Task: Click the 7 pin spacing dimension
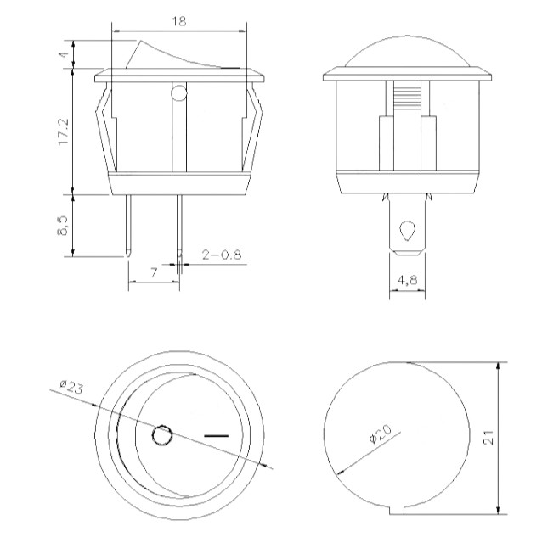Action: pyautogui.click(x=153, y=271)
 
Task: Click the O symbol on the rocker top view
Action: pyautogui.click(x=161, y=437)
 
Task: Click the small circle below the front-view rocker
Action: pyautogui.click(x=178, y=92)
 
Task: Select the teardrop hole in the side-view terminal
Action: pyautogui.click(x=406, y=230)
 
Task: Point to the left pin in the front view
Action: pyautogui.click(x=127, y=225)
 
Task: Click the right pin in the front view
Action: pyautogui.click(x=178, y=225)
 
